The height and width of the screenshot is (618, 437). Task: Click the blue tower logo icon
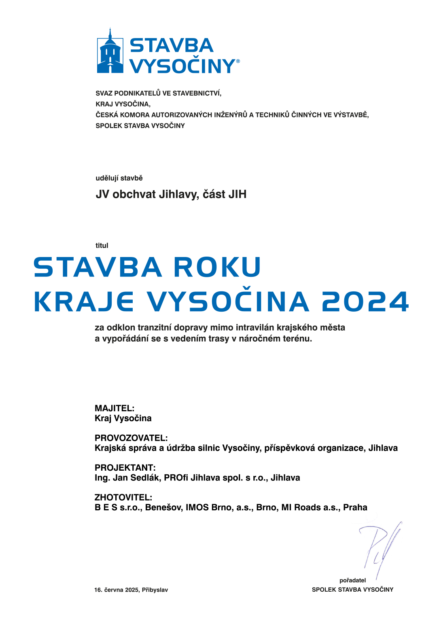pyautogui.click(x=110, y=51)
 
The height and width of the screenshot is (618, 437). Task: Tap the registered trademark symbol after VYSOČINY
pyautogui.click(x=238, y=62)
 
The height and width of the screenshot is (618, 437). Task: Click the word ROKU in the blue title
pyautogui.click(x=217, y=267)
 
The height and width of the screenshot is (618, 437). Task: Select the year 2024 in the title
pyautogui.click(x=365, y=302)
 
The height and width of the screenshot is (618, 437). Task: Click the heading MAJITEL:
pyautogui.click(x=115, y=408)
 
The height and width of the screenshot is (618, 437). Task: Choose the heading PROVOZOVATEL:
pyautogui.click(x=131, y=438)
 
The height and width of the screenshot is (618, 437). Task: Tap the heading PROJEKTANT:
pyautogui.click(x=125, y=468)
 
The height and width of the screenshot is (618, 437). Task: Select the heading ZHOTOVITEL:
pyautogui.click(x=123, y=497)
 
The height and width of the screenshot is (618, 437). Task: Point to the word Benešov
pyautogui.click(x=163, y=508)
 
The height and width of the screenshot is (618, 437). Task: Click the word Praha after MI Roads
pyautogui.click(x=355, y=508)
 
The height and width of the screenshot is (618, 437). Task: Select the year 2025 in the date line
pyautogui.click(x=132, y=590)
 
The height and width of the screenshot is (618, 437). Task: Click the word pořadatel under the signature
pyautogui.click(x=352, y=580)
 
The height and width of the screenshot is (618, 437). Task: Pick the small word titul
pyautogui.click(x=102, y=246)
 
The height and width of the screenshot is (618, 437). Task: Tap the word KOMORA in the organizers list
pyautogui.click(x=134, y=115)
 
